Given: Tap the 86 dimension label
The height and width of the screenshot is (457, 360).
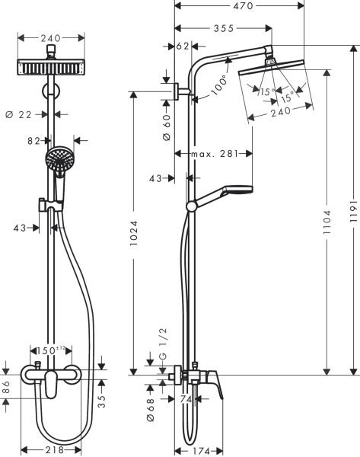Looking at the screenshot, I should tap(6, 386).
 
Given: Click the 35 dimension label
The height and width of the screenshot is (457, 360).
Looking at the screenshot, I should tap(100, 397).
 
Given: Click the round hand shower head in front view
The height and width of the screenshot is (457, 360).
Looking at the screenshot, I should tap(56, 158).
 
